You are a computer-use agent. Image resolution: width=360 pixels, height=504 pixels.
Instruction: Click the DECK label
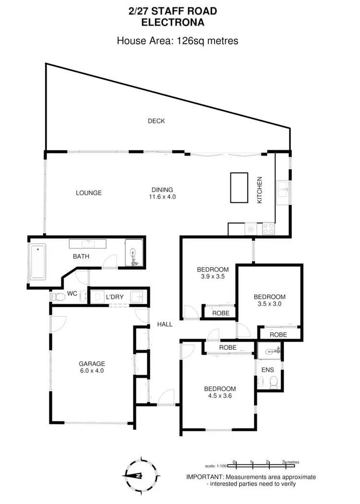tap(156, 121)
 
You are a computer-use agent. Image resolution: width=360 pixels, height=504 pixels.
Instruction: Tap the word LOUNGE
tap(89, 193)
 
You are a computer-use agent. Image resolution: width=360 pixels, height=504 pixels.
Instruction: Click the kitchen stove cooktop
tap(268, 230)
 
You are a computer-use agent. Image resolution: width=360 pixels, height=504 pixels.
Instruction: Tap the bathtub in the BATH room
tap(37, 262)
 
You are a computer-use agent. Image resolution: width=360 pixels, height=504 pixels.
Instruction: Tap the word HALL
tap(165, 325)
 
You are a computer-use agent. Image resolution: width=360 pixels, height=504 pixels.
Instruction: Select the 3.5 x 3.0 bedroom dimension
tap(269, 304)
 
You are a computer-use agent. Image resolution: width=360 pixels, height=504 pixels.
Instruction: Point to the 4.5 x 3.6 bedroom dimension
tap(220, 396)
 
